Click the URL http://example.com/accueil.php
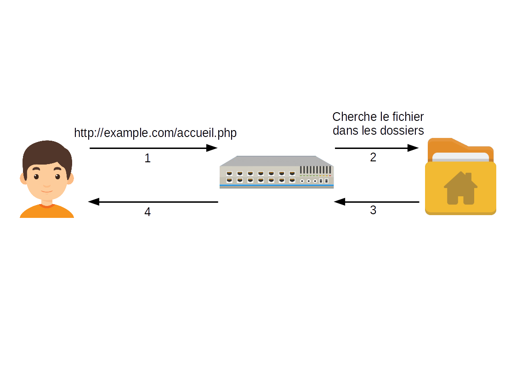tap(155, 133)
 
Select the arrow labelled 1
tap(153, 148)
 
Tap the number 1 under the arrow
tap(147, 159)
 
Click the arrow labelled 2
tap(376, 148)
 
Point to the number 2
tap(373, 157)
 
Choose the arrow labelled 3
tap(376, 202)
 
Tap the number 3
tap(373, 211)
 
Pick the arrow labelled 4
tap(153, 202)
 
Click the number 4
tap(147, 212)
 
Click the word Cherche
tap(352, 117)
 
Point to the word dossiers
tap(402, 131)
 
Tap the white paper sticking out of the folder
tap(460, 157)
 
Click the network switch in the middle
tap(277, 173)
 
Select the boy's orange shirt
tap(47, 212)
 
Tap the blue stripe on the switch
tap(276, 185)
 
